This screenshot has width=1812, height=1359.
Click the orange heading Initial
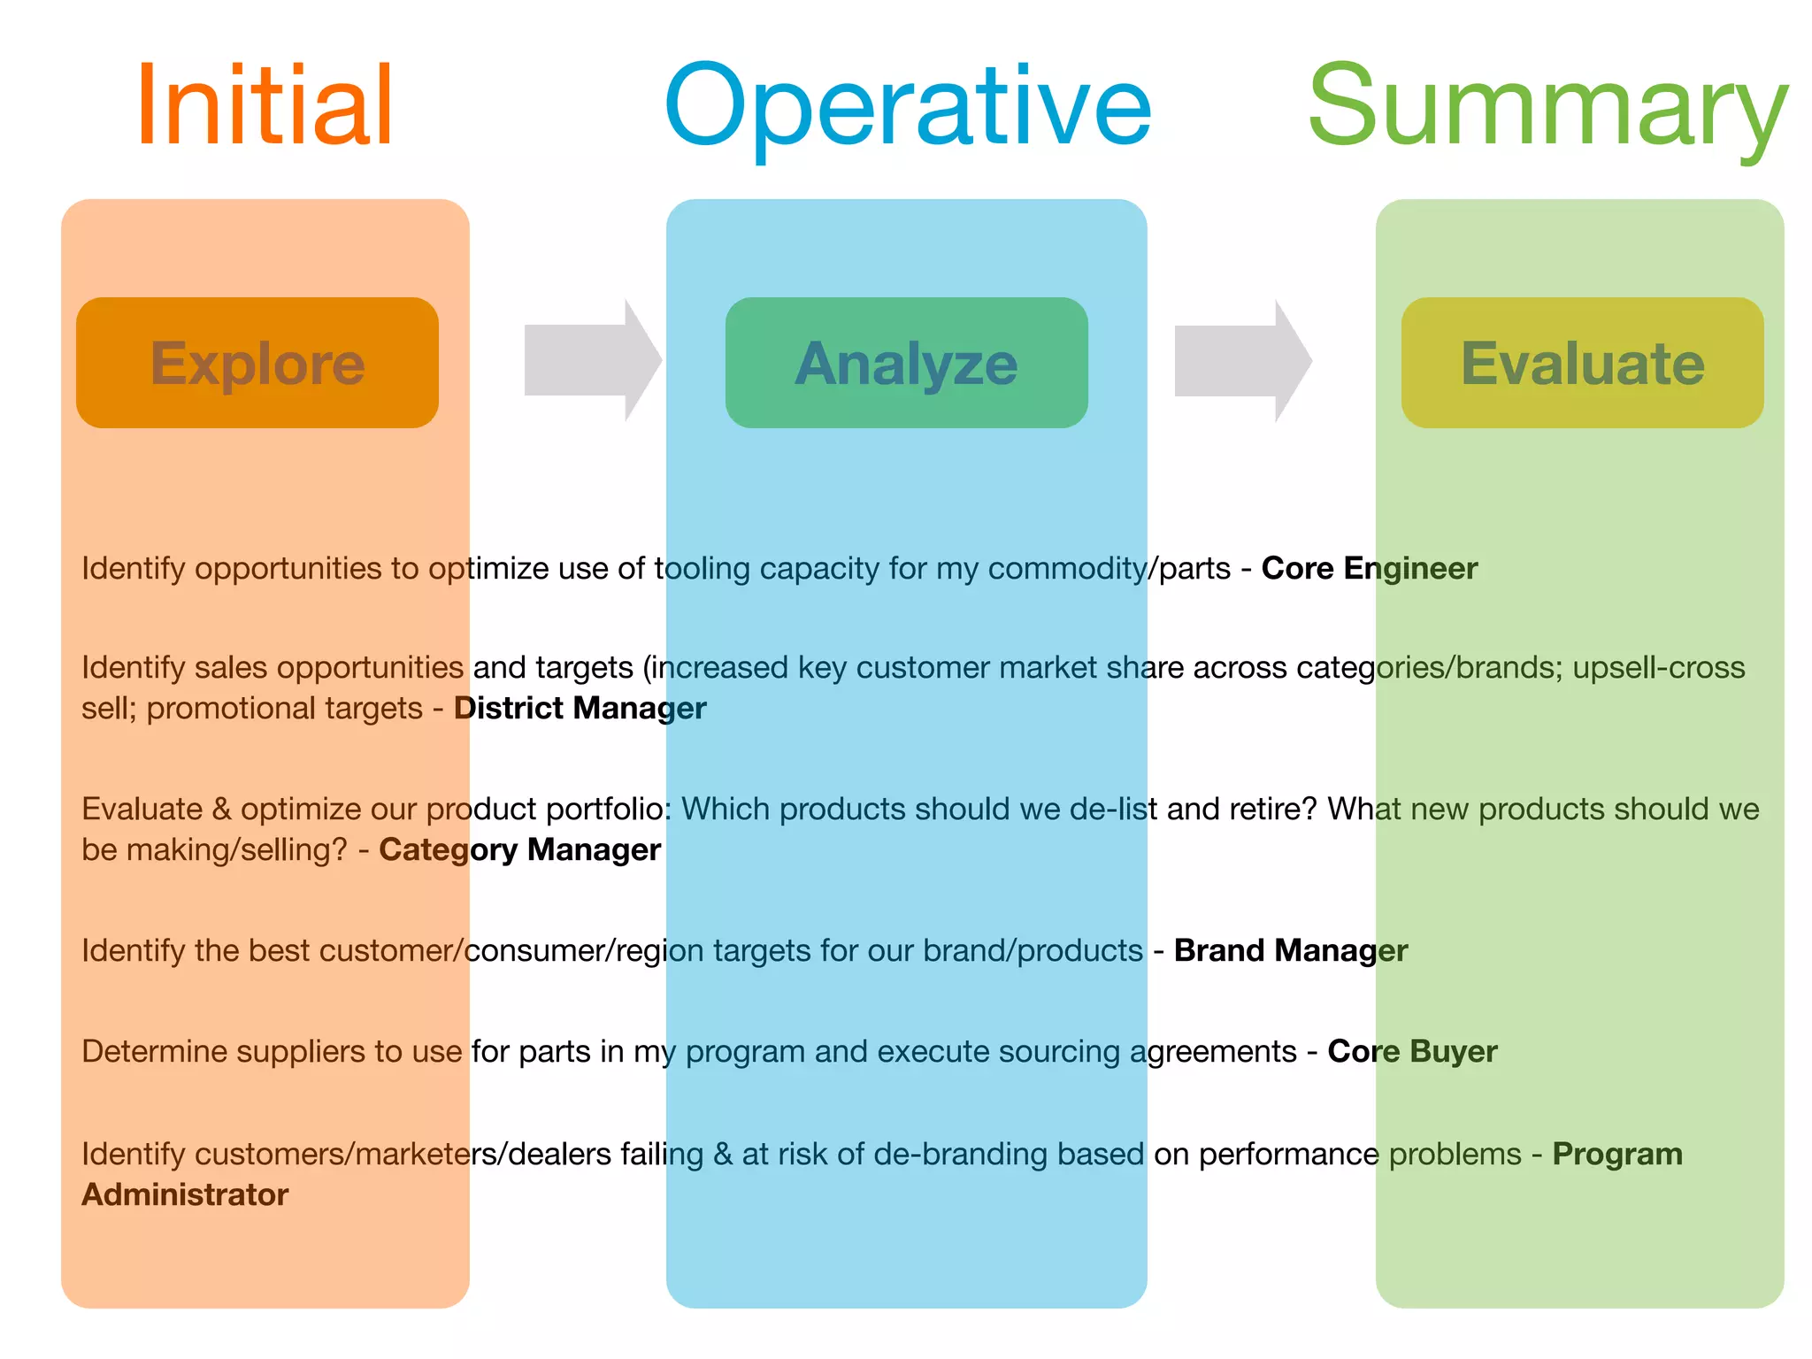coord(264,105)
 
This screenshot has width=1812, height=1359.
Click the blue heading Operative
coord(907,105)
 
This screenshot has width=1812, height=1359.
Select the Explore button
coord(257,363)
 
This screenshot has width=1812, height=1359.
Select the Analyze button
coord(907,363)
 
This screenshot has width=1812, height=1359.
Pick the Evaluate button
coord(1582,363)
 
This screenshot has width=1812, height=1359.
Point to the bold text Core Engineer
coord(1369,568)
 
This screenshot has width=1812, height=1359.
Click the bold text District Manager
coord(580,708)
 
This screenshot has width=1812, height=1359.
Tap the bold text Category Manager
coord(519,849)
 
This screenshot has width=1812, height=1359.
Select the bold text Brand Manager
coord(1290,950)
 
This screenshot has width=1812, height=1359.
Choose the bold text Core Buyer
coord(1412,1051)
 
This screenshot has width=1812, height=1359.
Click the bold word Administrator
coord(185,1194)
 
